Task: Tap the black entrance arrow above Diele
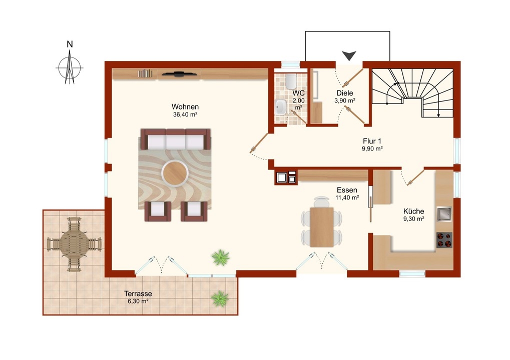(349, 55)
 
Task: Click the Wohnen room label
(185, 106)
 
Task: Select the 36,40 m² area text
(185, 114)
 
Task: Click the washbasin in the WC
(281, 107)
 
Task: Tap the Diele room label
(345, 93)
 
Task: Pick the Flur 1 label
(372, 141)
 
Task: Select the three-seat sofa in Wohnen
(175, 139)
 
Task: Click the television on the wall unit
(180, 74)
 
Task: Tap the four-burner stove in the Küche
(444, 240)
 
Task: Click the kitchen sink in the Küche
(444, 214)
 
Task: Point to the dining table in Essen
(322, 227)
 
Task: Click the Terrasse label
(138, 293)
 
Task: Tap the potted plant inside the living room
(221, 258)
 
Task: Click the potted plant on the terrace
(220, 298)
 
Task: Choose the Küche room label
(413, 211)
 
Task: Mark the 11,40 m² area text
(347, 197)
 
